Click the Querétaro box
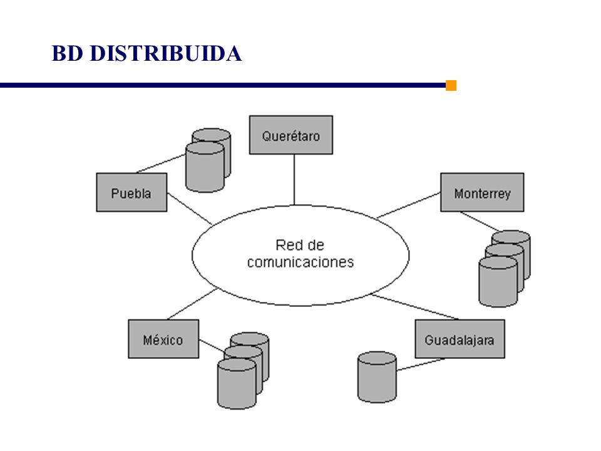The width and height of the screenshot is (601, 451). (x=291, y=135)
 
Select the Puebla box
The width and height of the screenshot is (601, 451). (x=131, y=192)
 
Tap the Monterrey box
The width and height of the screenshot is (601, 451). (x=482, y=192)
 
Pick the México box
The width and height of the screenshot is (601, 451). (x=163, y=339)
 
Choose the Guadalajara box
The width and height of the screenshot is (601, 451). (x=460, y=339)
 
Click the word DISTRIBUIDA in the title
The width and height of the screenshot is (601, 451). (x=166, y=53)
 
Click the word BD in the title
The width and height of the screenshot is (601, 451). (x=67, y=53)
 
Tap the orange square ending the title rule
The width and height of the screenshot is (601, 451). (x=451, y=86)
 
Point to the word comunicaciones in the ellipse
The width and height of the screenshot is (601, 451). (x=300, y=262)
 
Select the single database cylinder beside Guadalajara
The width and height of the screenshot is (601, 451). (x=377, y=377)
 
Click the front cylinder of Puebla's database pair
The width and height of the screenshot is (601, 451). (x=205, y=167)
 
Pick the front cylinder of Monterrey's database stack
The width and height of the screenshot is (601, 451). (x=498, y=282)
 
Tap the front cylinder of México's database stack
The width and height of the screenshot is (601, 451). (x=237, y=384)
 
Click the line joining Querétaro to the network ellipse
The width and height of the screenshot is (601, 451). (x=294, y=180)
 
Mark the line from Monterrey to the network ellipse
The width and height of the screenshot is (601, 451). (x=409, y=205)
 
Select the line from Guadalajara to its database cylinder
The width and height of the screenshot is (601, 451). (x=421, y=365)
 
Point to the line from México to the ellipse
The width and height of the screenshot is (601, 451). (x=193, y=304)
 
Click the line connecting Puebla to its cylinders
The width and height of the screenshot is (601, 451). (x=161, y=163)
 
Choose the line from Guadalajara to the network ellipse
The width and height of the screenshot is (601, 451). (x=414, y=307)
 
